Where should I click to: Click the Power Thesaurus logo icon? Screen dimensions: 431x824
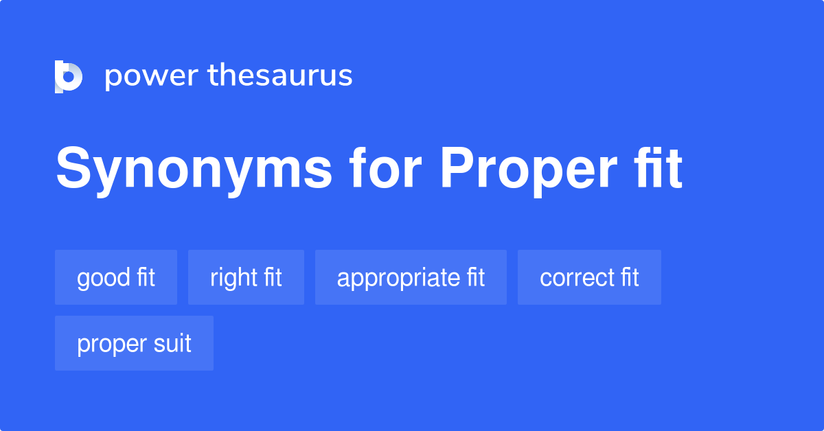pyautogui.click(x=69, y=76)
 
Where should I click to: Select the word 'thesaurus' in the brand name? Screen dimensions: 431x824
pyautogui.click(x=280, y=75)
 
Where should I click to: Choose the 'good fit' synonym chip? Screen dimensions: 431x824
pyautogui.click(x=116, y=277)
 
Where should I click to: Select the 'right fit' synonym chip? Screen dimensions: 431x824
pyautogui.click(x=246, y=277)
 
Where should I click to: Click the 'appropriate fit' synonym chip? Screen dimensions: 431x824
pyautogui.click(x=411, y=277)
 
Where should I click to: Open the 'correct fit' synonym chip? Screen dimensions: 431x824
pyautogui.click(x=589, y=277)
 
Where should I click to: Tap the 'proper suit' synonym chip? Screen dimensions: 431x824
pyautogui.click(x=134, y=343)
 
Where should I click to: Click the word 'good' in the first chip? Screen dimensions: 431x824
pyautogui.click(x=104, y=278)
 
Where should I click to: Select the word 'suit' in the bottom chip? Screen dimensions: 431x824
pyautogui.click(x=173, y=343)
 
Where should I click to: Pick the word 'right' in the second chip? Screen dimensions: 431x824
pyautogui.click(x=233, y=278)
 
